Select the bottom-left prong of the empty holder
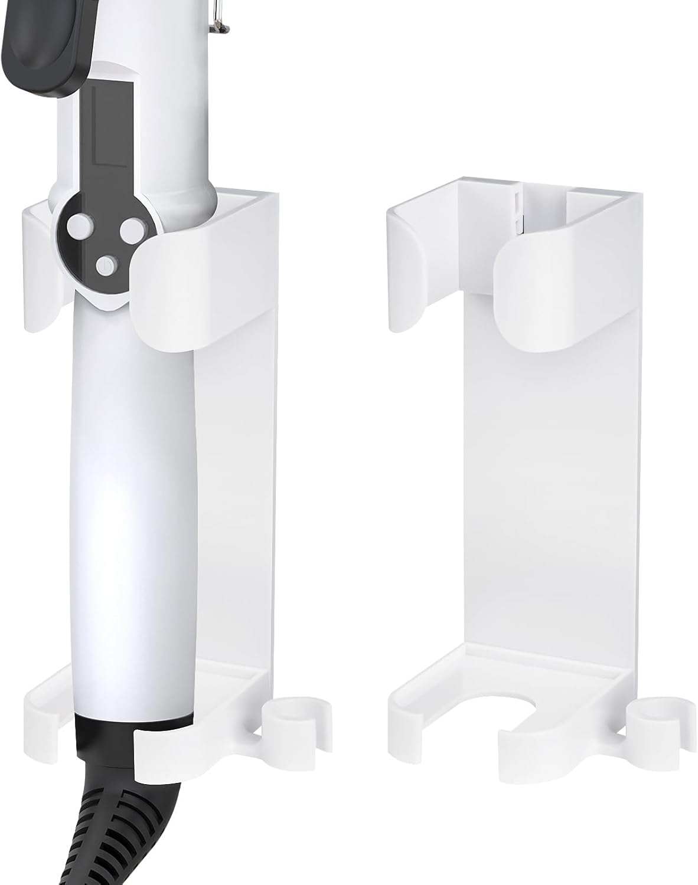click(x=413, y=720)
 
